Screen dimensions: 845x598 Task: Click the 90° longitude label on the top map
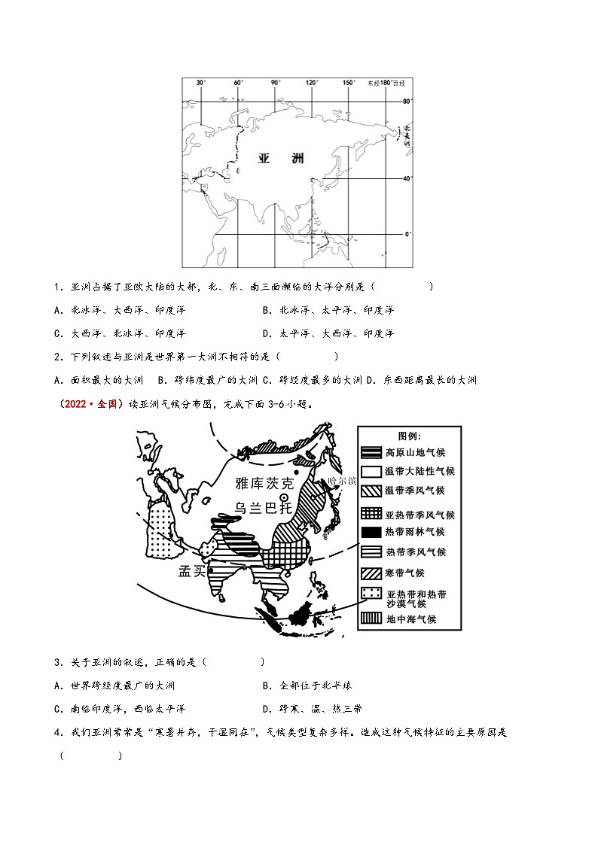[276, 83]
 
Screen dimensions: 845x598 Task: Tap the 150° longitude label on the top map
[349, 83]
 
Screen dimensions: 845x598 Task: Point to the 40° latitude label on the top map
[407, 178]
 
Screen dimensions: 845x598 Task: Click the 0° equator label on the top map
[407, 234]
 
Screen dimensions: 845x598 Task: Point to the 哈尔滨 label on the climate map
[342, 481]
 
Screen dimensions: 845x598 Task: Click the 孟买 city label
[192, 571]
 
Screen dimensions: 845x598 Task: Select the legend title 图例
[410, 436]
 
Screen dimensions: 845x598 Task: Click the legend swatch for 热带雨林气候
[371, 531]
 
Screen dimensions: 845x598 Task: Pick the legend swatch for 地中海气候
[371, 619]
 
